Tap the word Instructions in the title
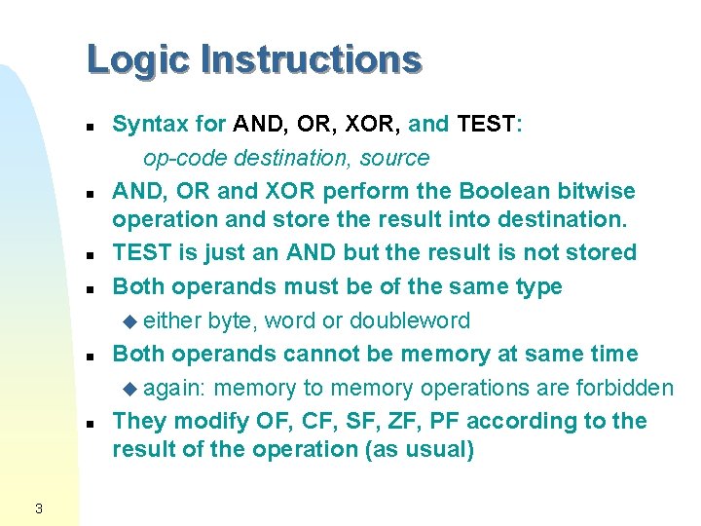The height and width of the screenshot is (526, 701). (x=311, y=59)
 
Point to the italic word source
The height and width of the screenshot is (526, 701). (x=393, y=158)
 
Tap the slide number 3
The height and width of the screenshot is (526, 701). (x=37, y=507)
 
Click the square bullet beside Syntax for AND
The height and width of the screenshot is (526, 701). (x=89, y=128)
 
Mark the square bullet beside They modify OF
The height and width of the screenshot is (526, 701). (x=89, y=425)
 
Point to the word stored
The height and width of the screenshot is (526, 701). (x=599, y=252)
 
